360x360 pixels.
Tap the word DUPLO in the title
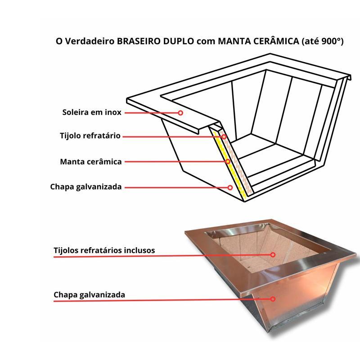pos(181,42)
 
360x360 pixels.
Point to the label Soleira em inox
pos(92,112)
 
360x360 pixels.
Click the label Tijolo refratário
pos(90,136)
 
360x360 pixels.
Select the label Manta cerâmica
pos(91,161)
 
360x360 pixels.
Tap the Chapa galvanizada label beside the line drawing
pos(86,187)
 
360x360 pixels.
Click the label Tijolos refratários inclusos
pos(104,250)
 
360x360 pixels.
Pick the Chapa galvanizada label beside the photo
pos(90,295)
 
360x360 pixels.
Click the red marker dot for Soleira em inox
pos(180,113)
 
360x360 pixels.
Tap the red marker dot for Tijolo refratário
pos(223,136)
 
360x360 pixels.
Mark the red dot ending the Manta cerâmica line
pos(228,161)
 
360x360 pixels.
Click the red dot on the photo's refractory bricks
pos(273,255)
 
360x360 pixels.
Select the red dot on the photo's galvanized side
pos(273,298)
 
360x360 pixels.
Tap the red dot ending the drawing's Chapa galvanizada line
pos(230,187)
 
